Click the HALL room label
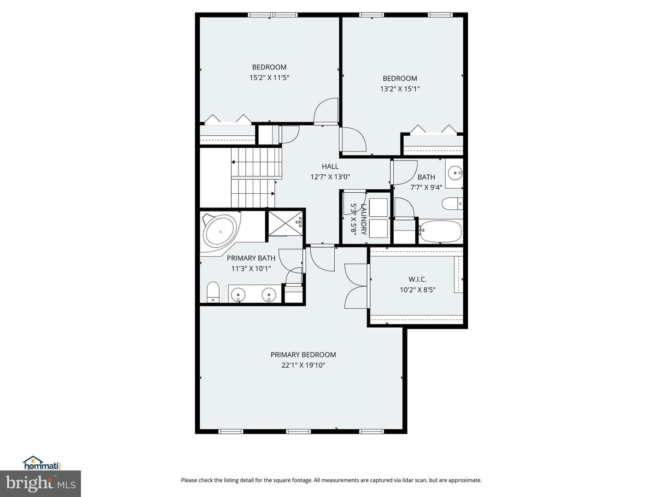point(330,166)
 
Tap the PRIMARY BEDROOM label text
point(303,354)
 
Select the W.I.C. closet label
point(418,279)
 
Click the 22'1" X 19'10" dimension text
point(303,365)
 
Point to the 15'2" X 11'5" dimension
point(269,78)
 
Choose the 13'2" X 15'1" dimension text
point(400,89)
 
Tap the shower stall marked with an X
point(285,223)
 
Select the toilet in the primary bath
point(213,292)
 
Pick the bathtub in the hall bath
point(441,231)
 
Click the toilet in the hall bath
point(452,204)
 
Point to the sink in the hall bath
point(455,173)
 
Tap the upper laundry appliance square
point(378,207)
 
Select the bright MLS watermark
point(41,484)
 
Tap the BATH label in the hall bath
point(426,177)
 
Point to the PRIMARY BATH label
point(251,258)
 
